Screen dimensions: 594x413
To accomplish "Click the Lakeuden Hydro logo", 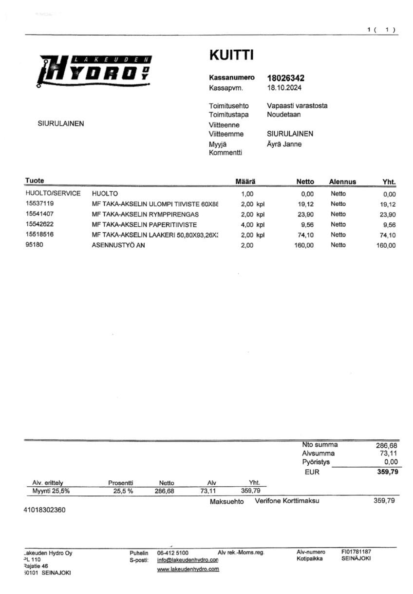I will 95,71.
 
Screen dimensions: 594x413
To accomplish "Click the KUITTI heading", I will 231,55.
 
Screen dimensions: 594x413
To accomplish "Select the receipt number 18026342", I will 286,78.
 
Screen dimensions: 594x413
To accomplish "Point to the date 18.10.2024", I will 284,88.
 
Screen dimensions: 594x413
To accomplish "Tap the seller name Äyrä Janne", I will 284,144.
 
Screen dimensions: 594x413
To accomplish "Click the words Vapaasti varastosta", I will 297,105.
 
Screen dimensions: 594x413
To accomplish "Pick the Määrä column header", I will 245,181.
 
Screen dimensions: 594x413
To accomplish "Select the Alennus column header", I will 342,182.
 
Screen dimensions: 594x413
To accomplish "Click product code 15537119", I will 40,204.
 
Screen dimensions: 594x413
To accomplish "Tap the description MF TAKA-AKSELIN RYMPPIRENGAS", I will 145,214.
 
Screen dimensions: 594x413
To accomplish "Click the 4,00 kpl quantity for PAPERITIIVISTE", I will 252,224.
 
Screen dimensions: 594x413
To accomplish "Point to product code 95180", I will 34,245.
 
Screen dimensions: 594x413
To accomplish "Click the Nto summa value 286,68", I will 387,445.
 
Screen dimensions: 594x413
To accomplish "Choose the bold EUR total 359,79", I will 387,472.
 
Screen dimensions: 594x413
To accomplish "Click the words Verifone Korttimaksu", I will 287,501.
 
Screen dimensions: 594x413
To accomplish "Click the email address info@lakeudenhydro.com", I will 188,560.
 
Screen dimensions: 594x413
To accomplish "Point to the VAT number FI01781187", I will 359,552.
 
